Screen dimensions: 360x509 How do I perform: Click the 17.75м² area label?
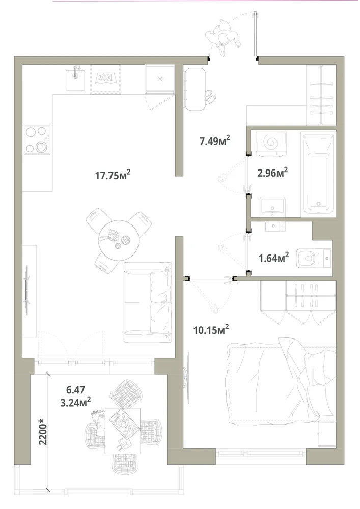click(113, 175)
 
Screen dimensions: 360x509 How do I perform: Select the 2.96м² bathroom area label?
click(272, 172)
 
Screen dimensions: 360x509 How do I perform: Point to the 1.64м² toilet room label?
click(273, 258)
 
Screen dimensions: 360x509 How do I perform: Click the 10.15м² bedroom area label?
click(211, 330)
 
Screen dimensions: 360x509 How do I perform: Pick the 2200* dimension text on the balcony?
click(43, 432)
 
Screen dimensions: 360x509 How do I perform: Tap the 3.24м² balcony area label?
click(75, 402)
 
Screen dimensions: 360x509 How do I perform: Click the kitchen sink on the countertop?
click(76, 77)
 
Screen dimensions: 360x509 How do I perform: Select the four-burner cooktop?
click(37, 139)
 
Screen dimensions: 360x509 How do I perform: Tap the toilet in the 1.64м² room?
click(313, 258)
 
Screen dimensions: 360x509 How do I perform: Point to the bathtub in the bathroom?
click(318, 174)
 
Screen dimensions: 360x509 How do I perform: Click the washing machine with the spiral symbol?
click(271, 143)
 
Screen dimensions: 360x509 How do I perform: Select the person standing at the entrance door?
click(224, 38)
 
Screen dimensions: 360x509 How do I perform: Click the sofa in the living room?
click(148, 302)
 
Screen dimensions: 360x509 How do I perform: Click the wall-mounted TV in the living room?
click(27, 290)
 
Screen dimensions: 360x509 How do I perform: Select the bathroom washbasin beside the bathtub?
click(273, 207)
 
